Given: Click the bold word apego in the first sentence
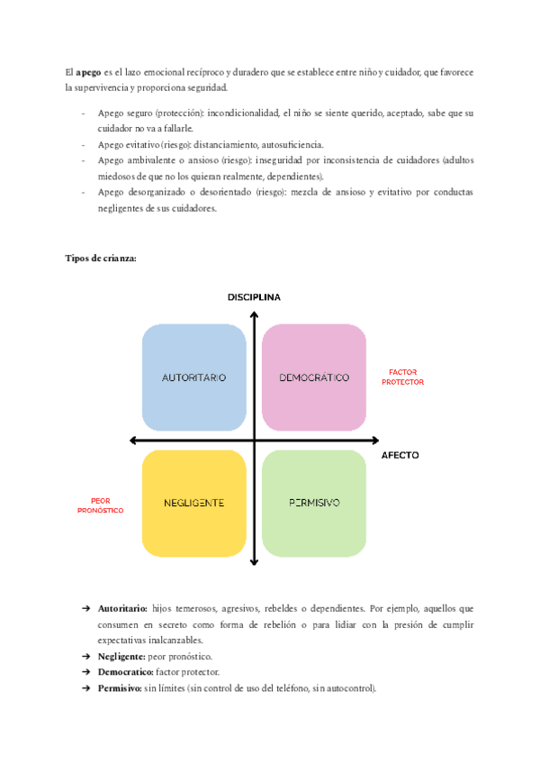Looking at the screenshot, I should coord(88,72).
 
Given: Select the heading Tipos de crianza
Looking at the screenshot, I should coord(101,258).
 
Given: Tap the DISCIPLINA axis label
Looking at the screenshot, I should coord(254,297).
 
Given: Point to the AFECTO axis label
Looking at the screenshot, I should coord(400,455).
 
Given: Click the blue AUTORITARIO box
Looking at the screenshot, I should coord(193,377).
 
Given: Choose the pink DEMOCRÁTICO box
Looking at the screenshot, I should coord(314,377).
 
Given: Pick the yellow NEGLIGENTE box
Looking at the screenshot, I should coord(193,503).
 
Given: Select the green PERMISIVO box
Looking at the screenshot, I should coord(314,503).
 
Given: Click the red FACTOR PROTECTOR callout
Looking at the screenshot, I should coord(402,377).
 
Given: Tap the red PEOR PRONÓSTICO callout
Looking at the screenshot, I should coord(101,505).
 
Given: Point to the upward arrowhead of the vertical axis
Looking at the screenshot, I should coord(255,315).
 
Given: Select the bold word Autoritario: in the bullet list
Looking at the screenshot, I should coord(122,609).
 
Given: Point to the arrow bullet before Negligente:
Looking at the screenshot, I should coord(85,656).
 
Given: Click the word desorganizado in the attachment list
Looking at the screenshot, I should coord(156,192).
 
